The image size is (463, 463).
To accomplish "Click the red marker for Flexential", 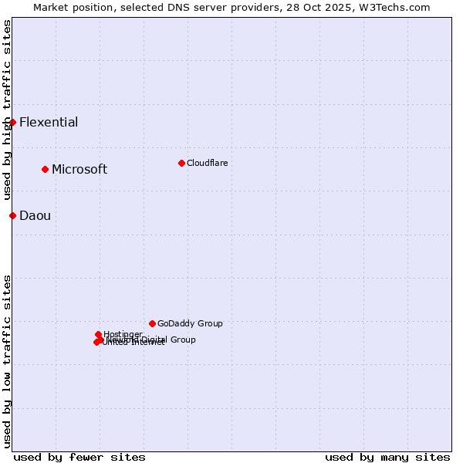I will [12, 122].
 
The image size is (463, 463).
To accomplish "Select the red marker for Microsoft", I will [45, 169].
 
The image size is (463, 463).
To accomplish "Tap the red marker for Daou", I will [12, 215].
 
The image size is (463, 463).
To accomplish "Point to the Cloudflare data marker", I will [181, 163].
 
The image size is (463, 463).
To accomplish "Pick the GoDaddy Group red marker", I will [152, 323].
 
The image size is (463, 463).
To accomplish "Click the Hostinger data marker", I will [98, 334].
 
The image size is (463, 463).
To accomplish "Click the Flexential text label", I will [49, 122].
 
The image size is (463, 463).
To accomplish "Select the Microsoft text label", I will [79, 169].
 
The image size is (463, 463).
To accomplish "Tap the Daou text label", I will [35, 215].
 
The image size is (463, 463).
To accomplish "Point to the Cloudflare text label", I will [208, 163].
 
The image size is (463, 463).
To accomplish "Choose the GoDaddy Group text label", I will [190, 323].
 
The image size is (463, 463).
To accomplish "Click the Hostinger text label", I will [123, 334].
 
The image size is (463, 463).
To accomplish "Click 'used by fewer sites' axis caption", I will [79, 457].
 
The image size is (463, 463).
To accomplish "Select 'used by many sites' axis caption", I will [387, 457].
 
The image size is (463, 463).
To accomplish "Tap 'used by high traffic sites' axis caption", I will [7, 110].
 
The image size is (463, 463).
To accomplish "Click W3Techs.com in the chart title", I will [398, 7].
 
